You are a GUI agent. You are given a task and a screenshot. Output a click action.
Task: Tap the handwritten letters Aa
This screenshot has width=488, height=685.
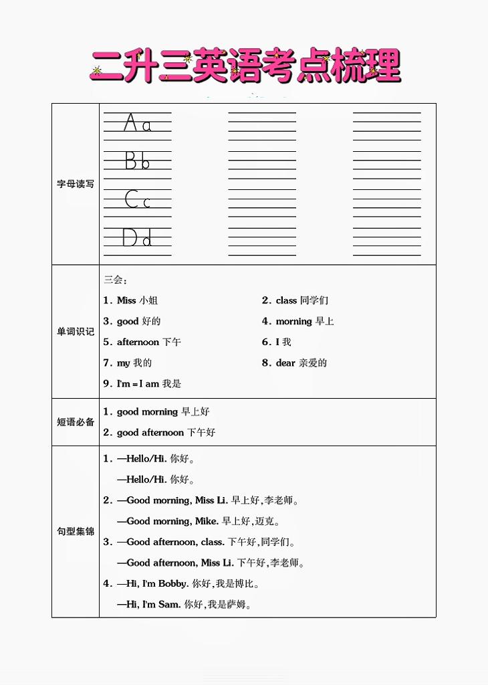pyautogui.click(x=138, y=123)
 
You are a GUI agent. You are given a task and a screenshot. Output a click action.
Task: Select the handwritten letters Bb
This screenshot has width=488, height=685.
pyautogui.click(x=137, y=161)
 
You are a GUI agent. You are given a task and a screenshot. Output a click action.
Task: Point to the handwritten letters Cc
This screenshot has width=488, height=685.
pyautogui.click(x=137, y=199)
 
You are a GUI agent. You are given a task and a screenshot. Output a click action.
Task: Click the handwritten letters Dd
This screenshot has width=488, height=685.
pyautogui.click(x=137, y=237)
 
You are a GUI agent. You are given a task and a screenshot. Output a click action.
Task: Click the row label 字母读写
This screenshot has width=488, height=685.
pyautogui.click(x=76, y=184)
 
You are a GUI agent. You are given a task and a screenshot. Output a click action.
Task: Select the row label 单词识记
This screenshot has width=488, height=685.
pyautogui.click(x=76, y=331)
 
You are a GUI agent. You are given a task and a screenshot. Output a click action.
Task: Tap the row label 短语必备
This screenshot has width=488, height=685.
pyautogui.click(x=76, y=422)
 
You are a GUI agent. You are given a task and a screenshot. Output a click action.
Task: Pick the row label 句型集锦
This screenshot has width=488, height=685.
pyautogui.click(x=76, y=532)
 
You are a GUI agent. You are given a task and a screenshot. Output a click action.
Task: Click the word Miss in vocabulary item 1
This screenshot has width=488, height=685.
pyautogui.click(x=126, y=300)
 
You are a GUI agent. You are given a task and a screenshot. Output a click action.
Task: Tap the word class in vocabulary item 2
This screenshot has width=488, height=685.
pyautogui.click(x=286, y=300)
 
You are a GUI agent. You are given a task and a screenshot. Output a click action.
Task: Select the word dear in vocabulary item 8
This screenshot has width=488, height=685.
pyautogui.click(x=285, y=363)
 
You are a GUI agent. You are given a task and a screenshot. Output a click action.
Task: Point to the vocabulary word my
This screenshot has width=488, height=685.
pyautogui.click(x=124, y=363)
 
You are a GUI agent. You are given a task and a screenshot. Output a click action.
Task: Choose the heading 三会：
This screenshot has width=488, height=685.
pyautogui.click(x=115, y=280)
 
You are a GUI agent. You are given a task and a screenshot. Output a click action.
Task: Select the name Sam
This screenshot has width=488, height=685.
pyautogui.click(x=169, y=605)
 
